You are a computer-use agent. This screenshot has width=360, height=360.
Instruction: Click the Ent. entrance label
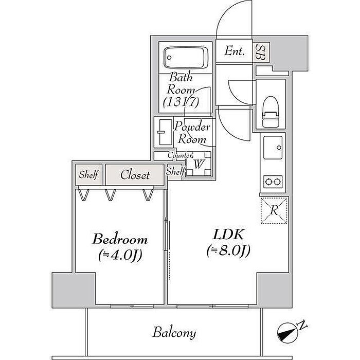pos(235,51)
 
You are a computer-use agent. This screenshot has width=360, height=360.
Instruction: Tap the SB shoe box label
pos(261,51)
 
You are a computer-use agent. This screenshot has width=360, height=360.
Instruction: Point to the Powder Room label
pos(192,133)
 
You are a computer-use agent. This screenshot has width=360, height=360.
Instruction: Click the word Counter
pos(179,155)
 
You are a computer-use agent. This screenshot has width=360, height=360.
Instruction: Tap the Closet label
pos(135,175)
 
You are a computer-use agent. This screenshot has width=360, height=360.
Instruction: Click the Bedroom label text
pos(120,240)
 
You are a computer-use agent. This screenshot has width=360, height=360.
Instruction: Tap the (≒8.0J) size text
pos(228,251)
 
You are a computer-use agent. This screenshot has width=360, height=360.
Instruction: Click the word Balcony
pos(174,333)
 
